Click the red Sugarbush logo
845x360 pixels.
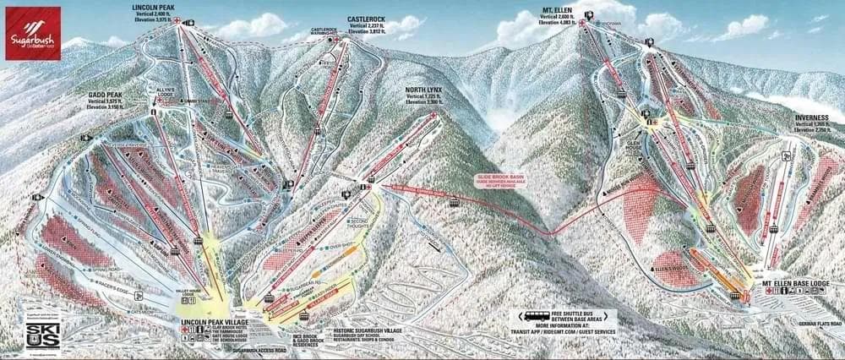click(31, 32)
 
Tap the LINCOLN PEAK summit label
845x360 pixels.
click(153, 8)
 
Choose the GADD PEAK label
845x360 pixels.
click(106, 95)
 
